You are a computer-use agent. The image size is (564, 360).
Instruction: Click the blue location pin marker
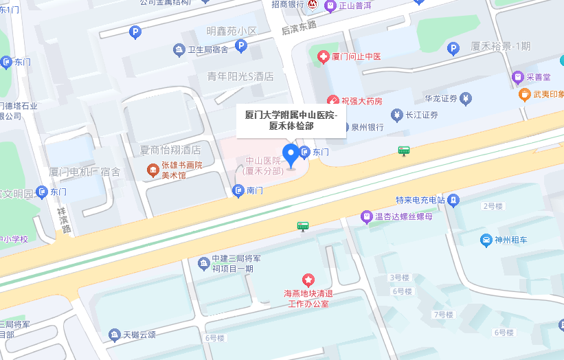(291, 155)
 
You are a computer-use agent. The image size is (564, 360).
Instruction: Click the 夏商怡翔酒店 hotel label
(170, 150)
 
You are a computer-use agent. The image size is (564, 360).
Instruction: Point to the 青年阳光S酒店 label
(240, 76)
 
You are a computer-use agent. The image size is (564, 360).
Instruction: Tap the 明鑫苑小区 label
(232, 32)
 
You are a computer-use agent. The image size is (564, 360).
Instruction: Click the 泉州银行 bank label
(367, 127)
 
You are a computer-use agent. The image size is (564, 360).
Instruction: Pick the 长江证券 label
(422, 115)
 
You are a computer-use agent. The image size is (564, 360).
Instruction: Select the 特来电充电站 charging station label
(420, 200)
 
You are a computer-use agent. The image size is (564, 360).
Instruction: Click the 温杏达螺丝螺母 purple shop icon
(367, 217)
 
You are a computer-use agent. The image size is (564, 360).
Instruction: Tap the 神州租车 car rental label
(510, 240)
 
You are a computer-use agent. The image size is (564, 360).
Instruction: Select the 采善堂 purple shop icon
(518, 76)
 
